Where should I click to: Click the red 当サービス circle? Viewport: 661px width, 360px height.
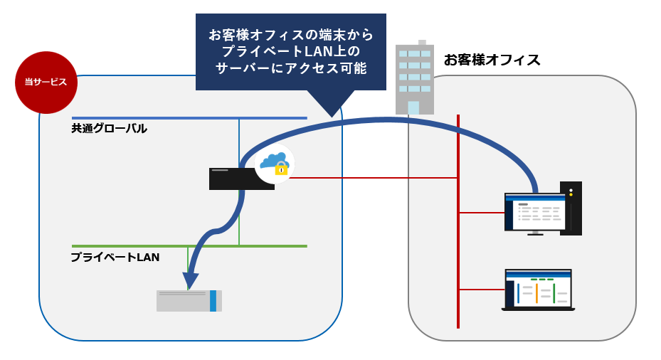46,83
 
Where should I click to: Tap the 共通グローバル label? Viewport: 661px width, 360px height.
109,129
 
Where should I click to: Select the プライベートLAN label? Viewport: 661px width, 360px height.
115,257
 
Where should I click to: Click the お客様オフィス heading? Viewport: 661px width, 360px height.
492,60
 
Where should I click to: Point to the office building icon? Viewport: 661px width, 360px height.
415,78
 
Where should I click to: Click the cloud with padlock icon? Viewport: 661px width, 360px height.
274,164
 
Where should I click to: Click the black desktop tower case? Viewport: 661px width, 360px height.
571,208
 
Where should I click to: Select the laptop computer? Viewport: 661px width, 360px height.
538,290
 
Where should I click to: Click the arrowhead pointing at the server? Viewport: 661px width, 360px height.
190,280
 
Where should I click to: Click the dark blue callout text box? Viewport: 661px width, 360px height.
290,51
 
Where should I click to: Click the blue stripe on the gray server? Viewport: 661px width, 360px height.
213,300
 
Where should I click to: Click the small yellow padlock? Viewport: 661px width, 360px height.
281,169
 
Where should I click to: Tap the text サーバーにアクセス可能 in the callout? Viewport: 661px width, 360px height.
290,68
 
